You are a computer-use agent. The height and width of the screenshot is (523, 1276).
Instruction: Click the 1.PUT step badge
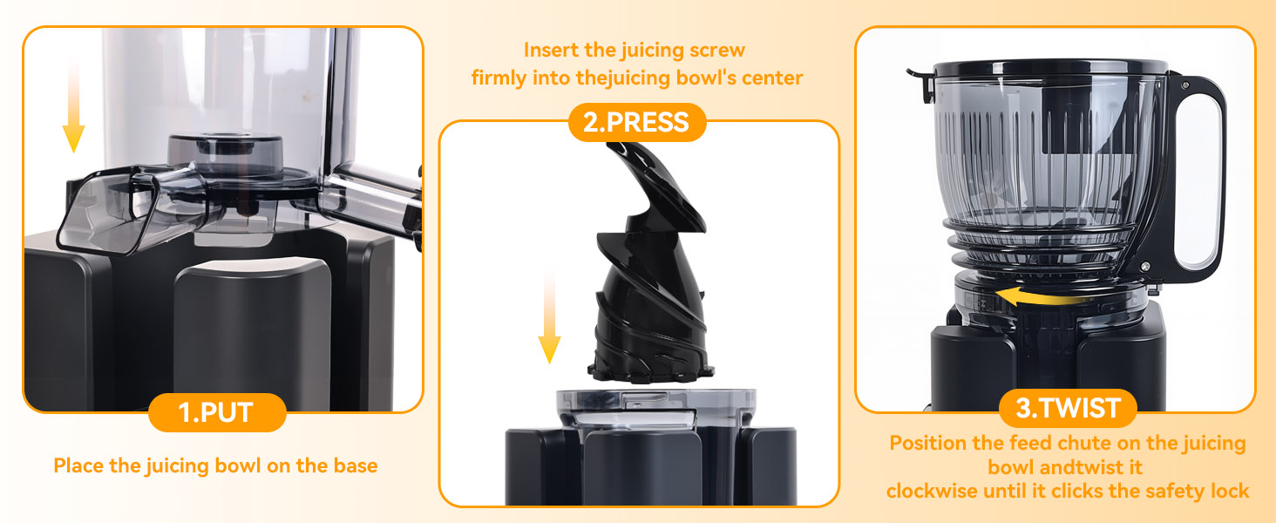(217, 412)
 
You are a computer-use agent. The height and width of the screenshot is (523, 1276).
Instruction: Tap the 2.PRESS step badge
(636, 122)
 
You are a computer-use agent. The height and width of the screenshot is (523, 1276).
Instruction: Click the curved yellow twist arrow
(1035, 297)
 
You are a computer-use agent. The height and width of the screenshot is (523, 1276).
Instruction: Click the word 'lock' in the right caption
(1229, 492)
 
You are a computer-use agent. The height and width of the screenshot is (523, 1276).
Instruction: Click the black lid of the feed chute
(1050, 67)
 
